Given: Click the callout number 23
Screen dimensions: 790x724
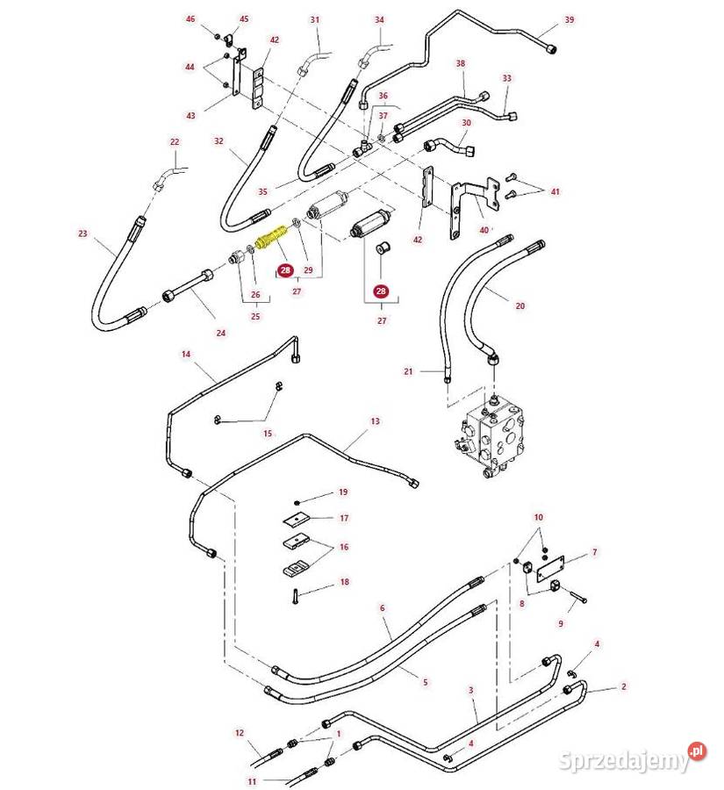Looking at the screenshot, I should tap(82, 233).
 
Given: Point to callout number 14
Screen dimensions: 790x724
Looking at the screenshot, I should tap(186, 354).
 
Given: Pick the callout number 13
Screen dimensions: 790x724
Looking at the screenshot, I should tap(375, 421).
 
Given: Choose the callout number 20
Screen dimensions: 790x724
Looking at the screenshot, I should tap(520, 305).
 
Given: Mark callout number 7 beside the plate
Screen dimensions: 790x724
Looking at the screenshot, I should tap(594, 552).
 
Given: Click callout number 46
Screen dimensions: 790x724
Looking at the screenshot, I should tap(190, 18).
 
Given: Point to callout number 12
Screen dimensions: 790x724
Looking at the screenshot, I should tap(239, 732).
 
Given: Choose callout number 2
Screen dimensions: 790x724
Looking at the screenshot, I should tap(624, 686).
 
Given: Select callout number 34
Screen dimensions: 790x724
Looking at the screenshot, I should tap(379, 19).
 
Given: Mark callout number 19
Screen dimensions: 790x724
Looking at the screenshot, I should tap(343, 492).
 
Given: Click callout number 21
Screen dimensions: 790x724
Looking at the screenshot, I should tap(408, 371).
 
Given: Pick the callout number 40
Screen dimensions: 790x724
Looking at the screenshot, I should tap(484, 230).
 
